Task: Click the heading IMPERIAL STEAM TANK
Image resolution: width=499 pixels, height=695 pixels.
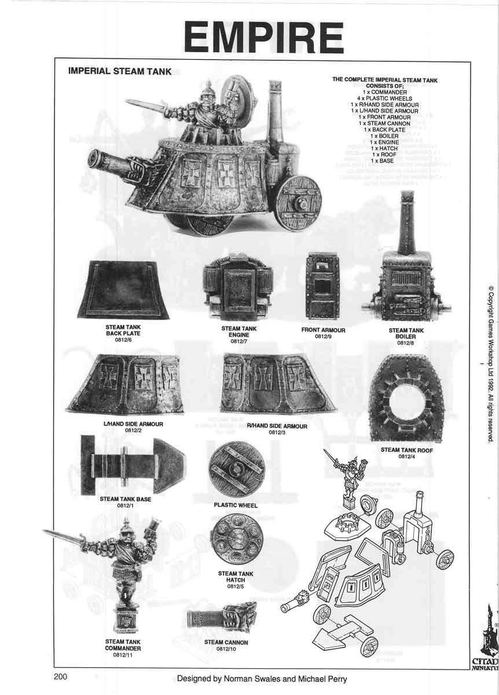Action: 120,72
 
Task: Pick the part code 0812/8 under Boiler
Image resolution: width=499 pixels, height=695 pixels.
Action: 406,343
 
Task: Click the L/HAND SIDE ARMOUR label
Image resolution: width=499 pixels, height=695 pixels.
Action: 133,424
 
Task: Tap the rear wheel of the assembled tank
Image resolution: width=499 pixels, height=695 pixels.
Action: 299,203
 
